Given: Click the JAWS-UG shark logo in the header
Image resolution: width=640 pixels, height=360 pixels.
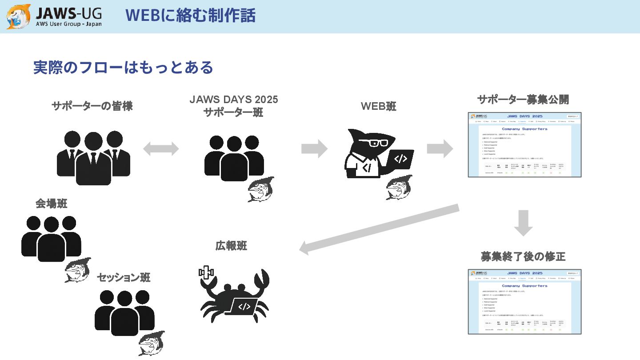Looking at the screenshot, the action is tap(19, 17).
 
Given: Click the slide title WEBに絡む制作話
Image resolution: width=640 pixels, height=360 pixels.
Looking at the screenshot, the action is tap(190, 16).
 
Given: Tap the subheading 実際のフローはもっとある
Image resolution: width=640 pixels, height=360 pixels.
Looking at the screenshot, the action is tap(123, 68).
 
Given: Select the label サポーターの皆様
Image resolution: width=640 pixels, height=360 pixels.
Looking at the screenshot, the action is tap(92, 107).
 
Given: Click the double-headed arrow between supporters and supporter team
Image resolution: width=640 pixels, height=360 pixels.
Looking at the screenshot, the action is tap(160, 149).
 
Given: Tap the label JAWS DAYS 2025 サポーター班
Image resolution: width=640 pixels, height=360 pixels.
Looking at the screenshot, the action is tap(233, 106).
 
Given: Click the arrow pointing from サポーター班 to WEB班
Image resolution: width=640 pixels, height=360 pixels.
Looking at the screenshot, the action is tap(314, 148).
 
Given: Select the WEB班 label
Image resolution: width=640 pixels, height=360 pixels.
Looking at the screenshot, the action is tap(378, 107).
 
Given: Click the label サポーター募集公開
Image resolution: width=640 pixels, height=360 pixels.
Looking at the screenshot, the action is tap(523, 100).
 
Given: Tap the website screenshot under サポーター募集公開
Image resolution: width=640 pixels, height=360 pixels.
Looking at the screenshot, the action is tap(524, 145).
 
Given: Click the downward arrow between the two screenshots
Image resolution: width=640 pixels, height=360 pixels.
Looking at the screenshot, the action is tap(523, 222).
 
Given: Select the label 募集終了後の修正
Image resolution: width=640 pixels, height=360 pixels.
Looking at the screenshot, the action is tap(523, 256).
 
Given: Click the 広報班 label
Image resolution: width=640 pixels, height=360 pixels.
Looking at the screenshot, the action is tap(231, 245).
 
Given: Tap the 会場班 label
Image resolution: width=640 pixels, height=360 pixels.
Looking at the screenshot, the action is tap(52, 204).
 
